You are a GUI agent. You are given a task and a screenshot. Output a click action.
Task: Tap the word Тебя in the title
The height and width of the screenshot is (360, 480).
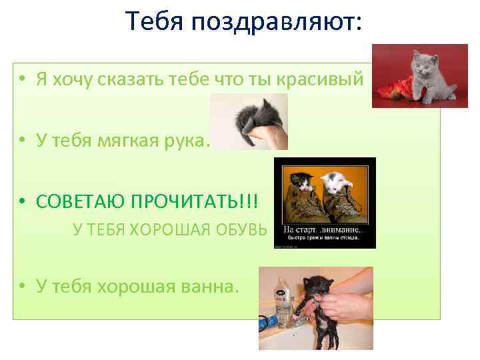pyautogui.click(x=155, y=23)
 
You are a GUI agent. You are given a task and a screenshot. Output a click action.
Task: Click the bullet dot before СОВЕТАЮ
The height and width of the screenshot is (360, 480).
pyautogui.click(x=23, y=201)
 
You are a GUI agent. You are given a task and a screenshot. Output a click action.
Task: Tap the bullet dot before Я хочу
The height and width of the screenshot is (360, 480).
pyautogui.click(x=23, y=80)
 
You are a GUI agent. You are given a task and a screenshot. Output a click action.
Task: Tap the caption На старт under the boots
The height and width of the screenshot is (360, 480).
pyautogui.click(x=303, y=229)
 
